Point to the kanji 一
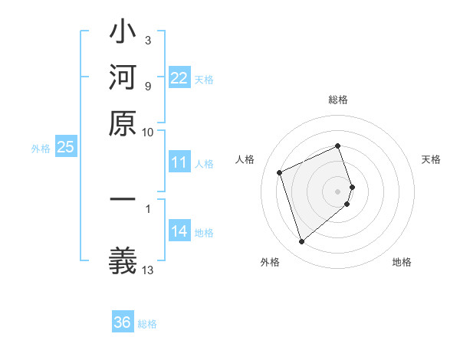pos(123,200)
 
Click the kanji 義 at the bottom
pos(123,258)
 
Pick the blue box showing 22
pos(179,78)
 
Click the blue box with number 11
pos(179,162)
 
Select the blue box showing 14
pos(179,231)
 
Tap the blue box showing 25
pos(65,148)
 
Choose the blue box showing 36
pos(123,322)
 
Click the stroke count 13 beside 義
pos(148,269)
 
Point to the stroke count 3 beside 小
pos(148,39)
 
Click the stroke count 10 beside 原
pos(148,132)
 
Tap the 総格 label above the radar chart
pos(338,100)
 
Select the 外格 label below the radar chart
pos(270,262)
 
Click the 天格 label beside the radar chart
pos(432,159)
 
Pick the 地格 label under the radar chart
pos(402,262)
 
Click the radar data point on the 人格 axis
pos(281,172)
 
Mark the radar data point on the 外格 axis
pos(301,242)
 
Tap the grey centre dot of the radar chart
pos(338,191)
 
